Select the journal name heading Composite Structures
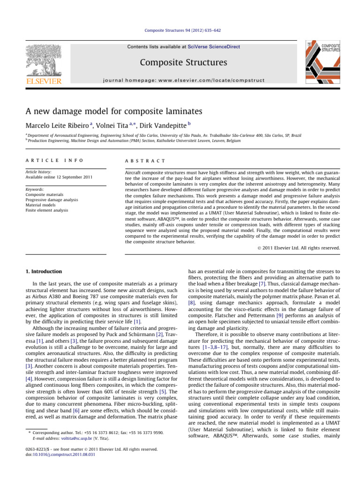coord(180,62)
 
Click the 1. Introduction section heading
coord(46,271)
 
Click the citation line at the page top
coord(180,30)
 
